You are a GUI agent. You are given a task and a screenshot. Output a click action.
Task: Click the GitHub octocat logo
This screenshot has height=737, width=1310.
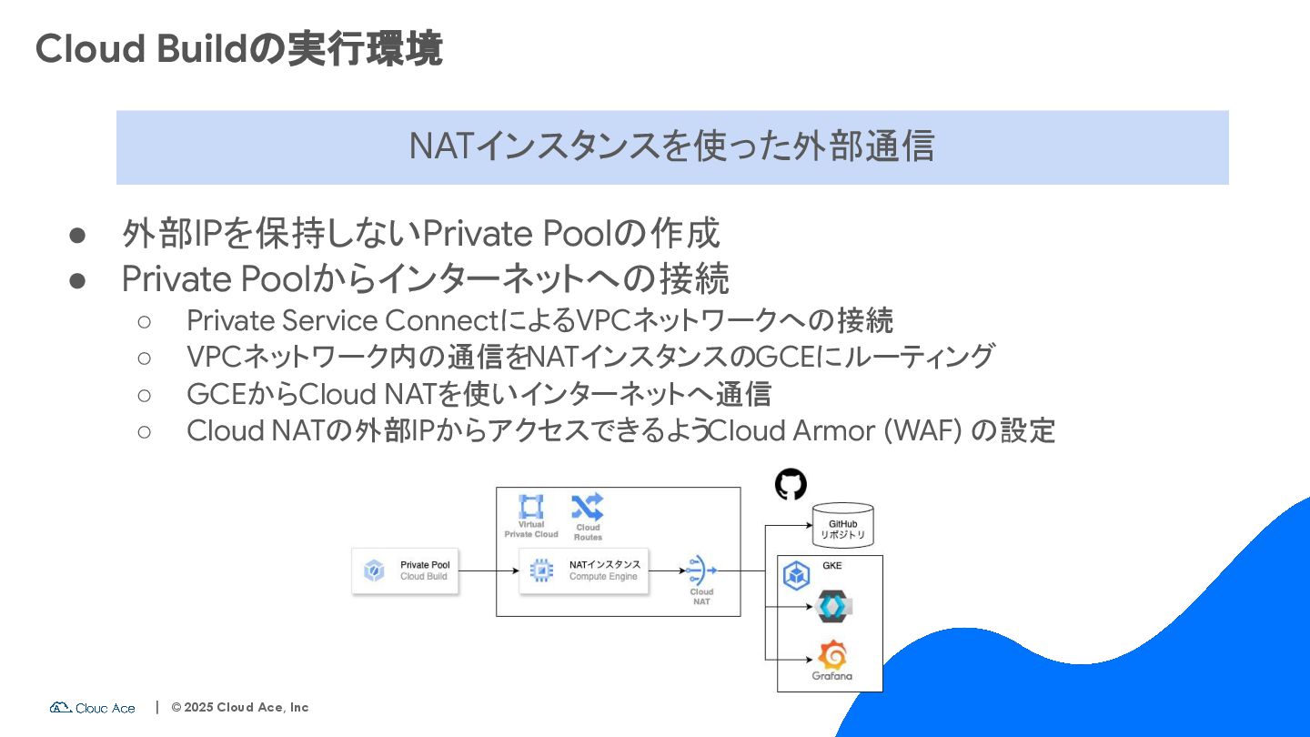tap(791, 484)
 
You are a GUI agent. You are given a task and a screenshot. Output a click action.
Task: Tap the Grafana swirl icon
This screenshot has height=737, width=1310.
tap(832, 655)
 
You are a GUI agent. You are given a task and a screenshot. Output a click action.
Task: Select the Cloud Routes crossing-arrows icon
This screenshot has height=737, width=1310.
tap(587, 507)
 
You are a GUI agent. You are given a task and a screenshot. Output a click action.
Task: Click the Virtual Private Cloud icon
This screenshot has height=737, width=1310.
tap(530, 507)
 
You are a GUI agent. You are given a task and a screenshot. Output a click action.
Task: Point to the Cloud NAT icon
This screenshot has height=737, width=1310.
tap(701, 570)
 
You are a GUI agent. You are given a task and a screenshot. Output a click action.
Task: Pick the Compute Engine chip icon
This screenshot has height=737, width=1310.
tap(541, 570)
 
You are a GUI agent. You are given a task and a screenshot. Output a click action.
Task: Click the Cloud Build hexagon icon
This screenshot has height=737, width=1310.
tap(374, 570)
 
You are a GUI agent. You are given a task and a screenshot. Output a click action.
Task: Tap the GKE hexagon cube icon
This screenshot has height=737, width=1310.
tap(797, 575)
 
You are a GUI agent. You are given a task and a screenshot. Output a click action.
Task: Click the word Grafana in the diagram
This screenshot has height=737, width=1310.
tap(832, 677)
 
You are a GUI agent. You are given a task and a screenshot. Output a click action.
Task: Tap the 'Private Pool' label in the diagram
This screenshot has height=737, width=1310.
tap(425, 565)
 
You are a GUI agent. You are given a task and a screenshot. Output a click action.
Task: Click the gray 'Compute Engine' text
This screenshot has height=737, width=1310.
tap(603, 577)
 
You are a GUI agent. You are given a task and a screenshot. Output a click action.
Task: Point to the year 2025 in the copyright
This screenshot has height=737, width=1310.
tap(198, 707)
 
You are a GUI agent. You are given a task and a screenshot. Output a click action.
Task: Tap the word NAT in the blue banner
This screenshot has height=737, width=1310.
tap(439, 146)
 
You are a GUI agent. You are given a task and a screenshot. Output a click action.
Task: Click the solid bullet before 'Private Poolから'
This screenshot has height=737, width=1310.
tap(77, 280)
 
